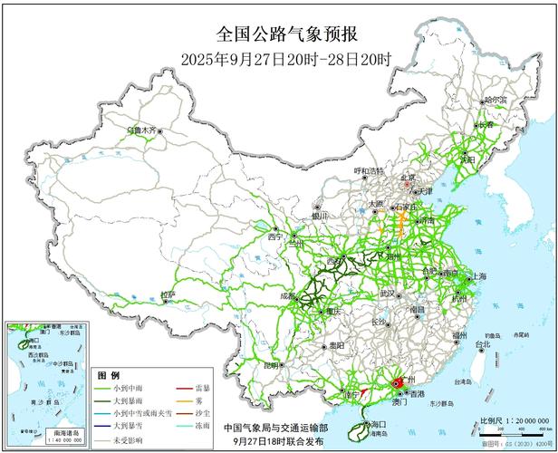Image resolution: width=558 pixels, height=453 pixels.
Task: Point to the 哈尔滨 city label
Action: point(497,100)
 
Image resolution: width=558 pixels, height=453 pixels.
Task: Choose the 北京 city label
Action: point(409,178)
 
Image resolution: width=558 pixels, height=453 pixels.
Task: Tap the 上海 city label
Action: point(479,275)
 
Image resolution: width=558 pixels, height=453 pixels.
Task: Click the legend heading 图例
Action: point(108,373)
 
